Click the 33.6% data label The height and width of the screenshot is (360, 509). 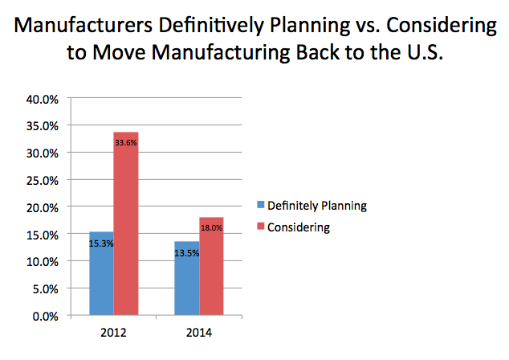[x=125, y=145]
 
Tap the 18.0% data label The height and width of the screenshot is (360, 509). [x=212, y=229]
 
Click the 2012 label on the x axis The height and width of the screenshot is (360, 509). [x=113, y=330]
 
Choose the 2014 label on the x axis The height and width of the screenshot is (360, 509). [x=200, y=330]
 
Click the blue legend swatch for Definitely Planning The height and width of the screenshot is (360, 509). [x=260, y=206]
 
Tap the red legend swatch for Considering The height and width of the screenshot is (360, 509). [x=260, y=227]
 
